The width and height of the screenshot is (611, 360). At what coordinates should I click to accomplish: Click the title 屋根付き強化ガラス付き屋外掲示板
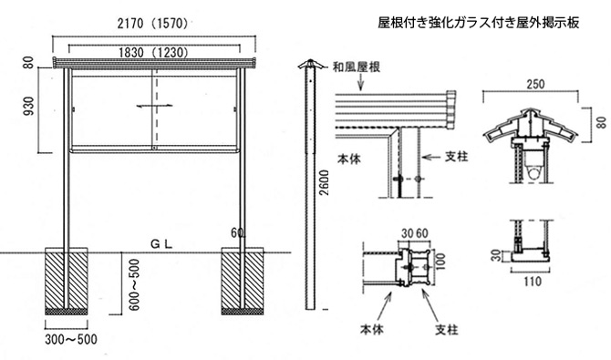(x=479, y=23)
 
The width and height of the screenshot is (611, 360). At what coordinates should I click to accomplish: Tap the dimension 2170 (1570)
(x=153, y=24)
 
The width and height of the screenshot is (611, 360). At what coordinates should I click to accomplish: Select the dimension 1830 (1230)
(x=153, y=52)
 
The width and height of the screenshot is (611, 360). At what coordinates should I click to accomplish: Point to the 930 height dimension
(x=29, y=107)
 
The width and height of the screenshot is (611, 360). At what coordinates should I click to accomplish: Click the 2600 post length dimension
(x=324, y=182)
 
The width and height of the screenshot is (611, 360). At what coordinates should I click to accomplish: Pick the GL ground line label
(x=161, y=244)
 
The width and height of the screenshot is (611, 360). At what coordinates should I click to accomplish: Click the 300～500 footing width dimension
(x=71, y=339)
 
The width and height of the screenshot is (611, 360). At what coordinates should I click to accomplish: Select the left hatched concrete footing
(x=67, y=281)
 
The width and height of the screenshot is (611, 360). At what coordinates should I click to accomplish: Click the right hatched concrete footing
(x=243, y=281)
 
